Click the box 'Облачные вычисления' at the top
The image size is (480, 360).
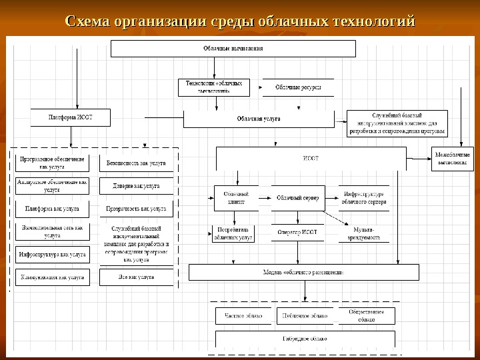pos(233,49)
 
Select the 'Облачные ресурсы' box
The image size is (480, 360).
pos(298,87)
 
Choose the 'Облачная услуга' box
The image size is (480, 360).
pos(259,119)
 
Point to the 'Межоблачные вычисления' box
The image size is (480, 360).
pos(453,159)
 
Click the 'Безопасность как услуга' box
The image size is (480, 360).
pos(136,163)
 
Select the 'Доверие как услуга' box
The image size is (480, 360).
pos(136,185)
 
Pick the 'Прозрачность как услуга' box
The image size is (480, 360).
pos(136,209)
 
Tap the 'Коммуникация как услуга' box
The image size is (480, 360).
pos(53,277)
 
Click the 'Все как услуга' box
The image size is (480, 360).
pos(136,277)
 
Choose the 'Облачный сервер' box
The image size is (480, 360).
pos(297,198)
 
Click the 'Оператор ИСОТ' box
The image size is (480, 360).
pos(297,232)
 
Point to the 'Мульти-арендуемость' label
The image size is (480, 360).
pos(363,233)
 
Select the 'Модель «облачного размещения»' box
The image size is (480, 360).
pos(304,272)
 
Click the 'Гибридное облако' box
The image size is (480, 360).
pos(304,338)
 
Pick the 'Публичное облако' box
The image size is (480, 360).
pos(304,315)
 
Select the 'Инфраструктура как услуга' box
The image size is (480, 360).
pos(53,254)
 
